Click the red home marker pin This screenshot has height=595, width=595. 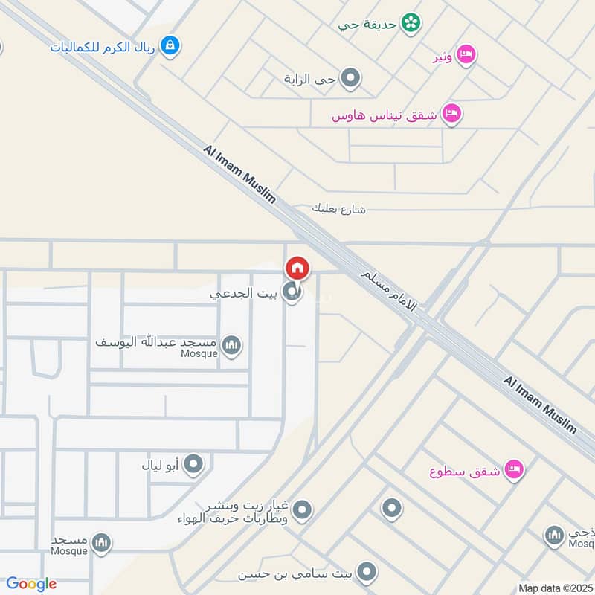pyautogui.click(x=297, y=268)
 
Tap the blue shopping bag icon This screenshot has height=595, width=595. pyautogui.click(x=171, y=45)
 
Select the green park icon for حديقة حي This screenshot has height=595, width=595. pyautogui.click(x=409, y=24)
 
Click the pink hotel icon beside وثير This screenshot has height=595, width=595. pyautogui.click(x=466, y=54)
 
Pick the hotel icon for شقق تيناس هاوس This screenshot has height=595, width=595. pyautogui.click(x=451, y=115)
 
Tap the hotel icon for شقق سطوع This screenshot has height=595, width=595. pyautogui.click(x=514, y=470)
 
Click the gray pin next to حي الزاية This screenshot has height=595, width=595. pyautogui.click(x=350, y=77)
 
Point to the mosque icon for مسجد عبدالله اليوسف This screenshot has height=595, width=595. pyautogui.click(x=231, y=345)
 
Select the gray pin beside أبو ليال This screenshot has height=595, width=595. pyautogui.click(x=193, y=466)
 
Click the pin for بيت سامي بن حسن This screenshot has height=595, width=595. pyautogui.click(x=366, y=572)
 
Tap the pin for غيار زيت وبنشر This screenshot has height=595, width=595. pyautogui.click(x=302, y=510)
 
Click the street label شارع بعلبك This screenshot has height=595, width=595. pyautogui.click(x=339, y=209)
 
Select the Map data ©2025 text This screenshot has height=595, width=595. pyautogui.click(x=555, y=588)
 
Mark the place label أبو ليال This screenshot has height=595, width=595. pyautogui.click(x=161, y=466)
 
